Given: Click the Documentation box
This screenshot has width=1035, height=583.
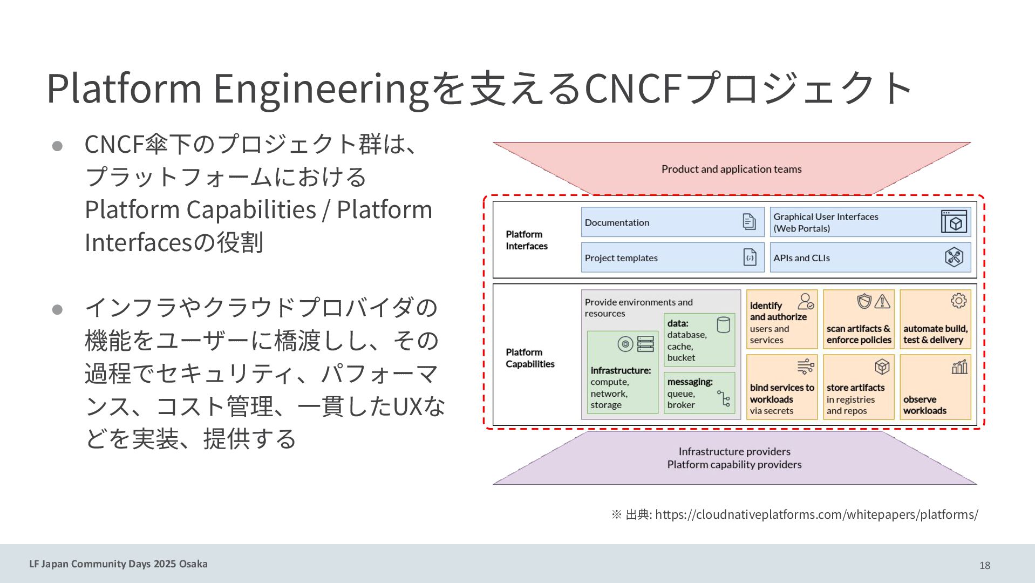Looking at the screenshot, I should [672, 222].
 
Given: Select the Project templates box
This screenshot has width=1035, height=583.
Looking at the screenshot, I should [672, 257].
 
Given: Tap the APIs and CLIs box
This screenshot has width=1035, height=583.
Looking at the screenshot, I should [869, 257].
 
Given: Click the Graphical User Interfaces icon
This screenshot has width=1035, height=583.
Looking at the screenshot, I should [954, 222].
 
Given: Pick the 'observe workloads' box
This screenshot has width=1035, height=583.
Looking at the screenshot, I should [935, 387].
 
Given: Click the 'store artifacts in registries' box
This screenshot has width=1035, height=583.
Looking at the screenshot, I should [858, 387].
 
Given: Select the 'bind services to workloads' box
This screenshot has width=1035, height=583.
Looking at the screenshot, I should [781, 387].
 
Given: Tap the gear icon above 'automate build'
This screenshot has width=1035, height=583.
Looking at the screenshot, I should [958, 301].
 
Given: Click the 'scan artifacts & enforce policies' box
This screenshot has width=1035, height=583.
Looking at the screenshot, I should [858, 320].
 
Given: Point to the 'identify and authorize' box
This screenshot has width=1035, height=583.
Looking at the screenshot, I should [781, 320].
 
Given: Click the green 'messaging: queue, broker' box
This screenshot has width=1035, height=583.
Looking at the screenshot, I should [699, 393].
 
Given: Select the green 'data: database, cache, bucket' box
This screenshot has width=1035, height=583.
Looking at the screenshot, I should [699, 340].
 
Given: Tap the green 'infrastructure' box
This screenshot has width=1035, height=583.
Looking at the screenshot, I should [622, 372].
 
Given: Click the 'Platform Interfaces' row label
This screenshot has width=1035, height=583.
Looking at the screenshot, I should [527, 240].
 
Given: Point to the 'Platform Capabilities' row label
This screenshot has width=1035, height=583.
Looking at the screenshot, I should [530, 358].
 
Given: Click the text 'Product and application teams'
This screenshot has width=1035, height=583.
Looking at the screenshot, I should [731, 169].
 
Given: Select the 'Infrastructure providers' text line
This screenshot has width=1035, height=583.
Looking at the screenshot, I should [734, 451].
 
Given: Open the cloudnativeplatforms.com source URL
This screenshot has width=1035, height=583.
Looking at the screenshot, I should [816, 514].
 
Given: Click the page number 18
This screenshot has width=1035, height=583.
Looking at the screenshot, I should [984, 565].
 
